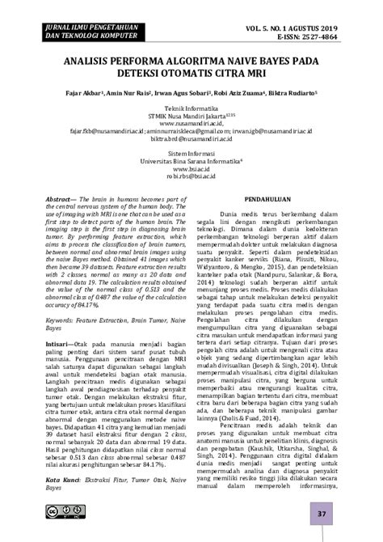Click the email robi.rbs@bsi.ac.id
pos(192,176)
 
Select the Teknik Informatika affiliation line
pos(192,108)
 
